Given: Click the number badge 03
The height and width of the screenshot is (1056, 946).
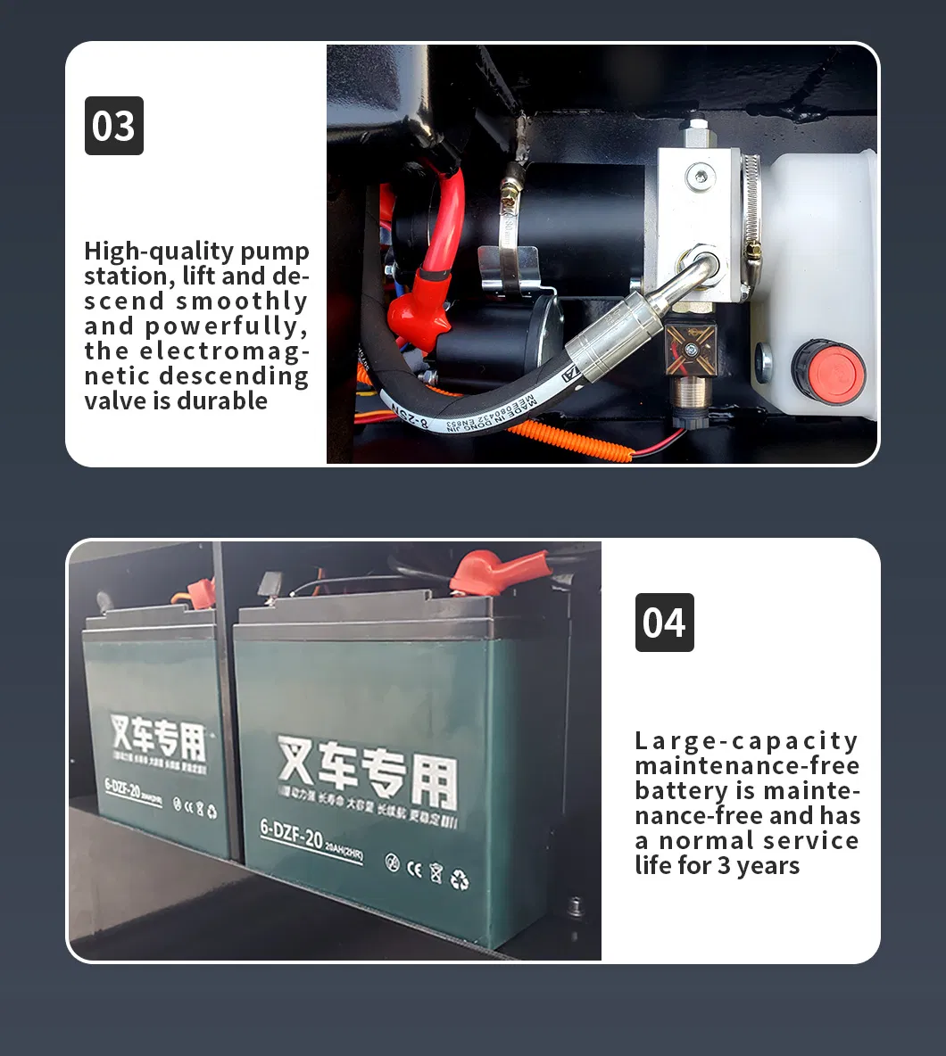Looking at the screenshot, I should pyautogui.click(x=113, y=126).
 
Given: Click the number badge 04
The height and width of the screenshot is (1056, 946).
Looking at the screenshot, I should pyautogui.click(x=664, y=623).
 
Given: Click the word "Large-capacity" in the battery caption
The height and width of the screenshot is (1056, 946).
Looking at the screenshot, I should pyautogui.click(x=746, y=741).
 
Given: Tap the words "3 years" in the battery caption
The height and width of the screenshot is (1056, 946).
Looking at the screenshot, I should pyautogui.click(x=759, y=866).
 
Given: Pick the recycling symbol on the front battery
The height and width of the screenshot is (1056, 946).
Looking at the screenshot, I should pyautogui.click(x=460, y=880).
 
